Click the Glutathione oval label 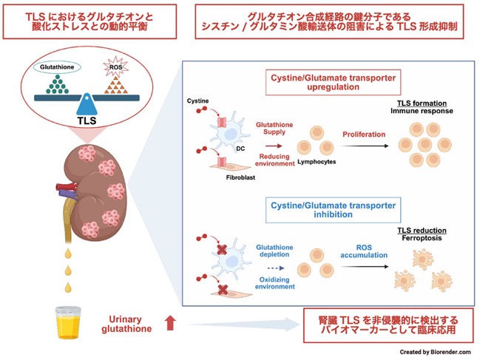point(57,67)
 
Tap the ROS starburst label point(115,67)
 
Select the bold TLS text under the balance point(87,120)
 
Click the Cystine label point(197,101)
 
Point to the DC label point(240,149)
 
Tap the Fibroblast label point(240,177)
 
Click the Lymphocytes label point(317,162)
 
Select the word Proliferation point(364,135)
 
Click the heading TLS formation point(422,103)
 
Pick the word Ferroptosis point(422,238)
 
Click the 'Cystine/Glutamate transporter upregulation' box point(333,82)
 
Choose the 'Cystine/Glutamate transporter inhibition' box point(333,210)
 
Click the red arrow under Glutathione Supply point(274,146)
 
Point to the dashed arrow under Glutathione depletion point(276,268)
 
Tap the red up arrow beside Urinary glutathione point(171,323)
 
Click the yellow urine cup point(68,323)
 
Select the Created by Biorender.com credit point(435,352)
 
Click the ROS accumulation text point(364,251)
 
